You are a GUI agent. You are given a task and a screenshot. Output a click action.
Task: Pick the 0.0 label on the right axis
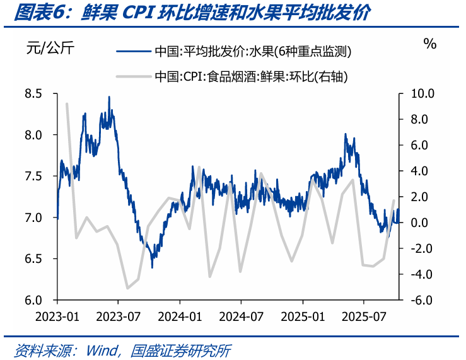click(x=419, y=223)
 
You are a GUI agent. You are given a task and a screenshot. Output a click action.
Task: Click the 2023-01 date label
click(x=57, y=316)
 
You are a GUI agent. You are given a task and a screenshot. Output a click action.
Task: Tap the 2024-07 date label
click(x=241, y=316)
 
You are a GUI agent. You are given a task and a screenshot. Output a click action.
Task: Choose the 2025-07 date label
click(x=364, y=316)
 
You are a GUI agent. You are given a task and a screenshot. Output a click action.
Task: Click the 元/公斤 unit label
click(x=50, y=47)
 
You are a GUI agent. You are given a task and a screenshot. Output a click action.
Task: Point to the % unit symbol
click(x=430, y=44)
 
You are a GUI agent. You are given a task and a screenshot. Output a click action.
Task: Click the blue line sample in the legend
click(x=134, y=52)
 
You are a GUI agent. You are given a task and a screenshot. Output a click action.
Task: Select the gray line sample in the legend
click(x=134, y=77)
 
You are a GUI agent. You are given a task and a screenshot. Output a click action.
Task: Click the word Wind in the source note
click(x=102, y=351)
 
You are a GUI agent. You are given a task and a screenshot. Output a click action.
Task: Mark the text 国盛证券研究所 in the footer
click(x=180, y=351)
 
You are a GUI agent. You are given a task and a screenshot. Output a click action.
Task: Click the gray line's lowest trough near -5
click(x=127, y=288)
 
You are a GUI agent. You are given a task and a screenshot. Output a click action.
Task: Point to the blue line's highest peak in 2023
click(x=109, y=98)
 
